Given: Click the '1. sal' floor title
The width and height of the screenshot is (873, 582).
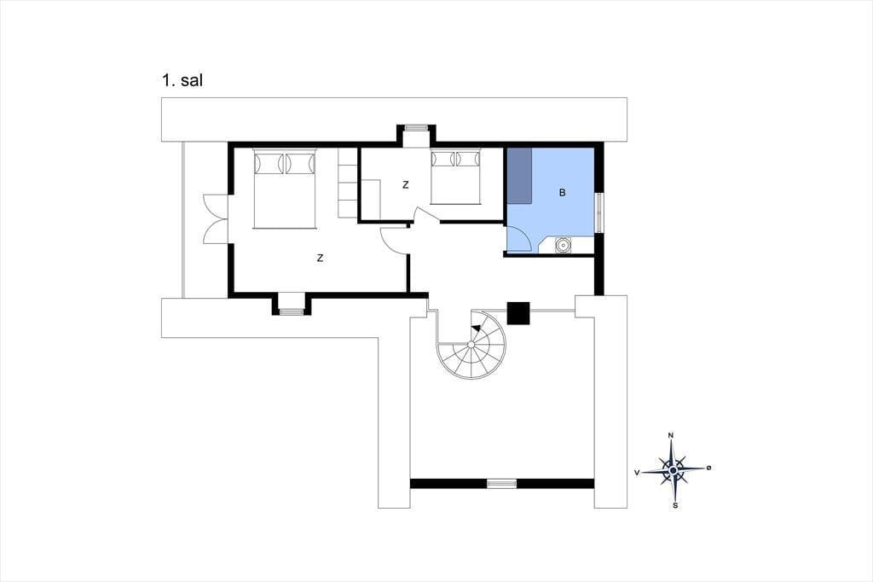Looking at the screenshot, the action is click(x=182, y=80).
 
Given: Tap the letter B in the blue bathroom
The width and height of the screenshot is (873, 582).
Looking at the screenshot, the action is click(x=563, y=193).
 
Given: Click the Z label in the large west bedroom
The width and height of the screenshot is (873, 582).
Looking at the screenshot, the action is click(x=321, y=258).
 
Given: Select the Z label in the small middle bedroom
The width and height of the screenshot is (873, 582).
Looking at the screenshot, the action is click(x=405, y=185).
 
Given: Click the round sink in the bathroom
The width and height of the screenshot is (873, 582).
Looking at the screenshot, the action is click(x=563, y=244).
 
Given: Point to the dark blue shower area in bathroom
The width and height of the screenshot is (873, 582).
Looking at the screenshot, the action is click(x=519, y=176).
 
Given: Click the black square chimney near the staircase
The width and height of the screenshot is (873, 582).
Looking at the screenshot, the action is click(x=518, y=312).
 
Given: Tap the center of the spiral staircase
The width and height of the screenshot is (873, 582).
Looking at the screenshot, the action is click(x=471, y=345).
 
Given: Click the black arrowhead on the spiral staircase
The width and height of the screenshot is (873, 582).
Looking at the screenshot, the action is click(x=476, y=328).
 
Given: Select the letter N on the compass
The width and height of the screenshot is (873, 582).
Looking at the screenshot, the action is click(x=671, y=435).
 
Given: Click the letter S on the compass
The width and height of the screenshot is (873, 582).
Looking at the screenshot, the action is click(x=675, y=506).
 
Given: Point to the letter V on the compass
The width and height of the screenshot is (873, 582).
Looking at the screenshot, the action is click(x=637, y=472).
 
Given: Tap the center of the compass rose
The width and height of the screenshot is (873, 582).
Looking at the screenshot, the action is click(x=674, y=471).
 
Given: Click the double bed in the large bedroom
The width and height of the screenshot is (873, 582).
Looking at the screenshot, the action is click(x=285, y=189).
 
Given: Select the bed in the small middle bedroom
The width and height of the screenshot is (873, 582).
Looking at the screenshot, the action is click(x=455, y=176).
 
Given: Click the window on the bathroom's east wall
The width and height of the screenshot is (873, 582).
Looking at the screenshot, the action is click(x=599, y=212).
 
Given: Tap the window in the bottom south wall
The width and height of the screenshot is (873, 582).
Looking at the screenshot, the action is click(x=501, y=483).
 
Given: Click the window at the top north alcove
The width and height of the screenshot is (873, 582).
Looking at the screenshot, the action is click(x=415, y=128).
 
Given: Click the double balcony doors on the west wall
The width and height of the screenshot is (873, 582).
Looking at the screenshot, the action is click(x=216, y=218).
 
